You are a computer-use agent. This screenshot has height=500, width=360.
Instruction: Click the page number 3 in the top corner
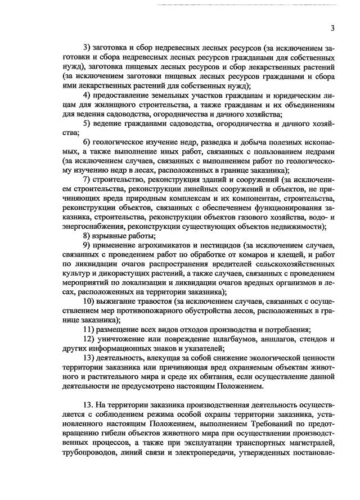click(332, 29)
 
